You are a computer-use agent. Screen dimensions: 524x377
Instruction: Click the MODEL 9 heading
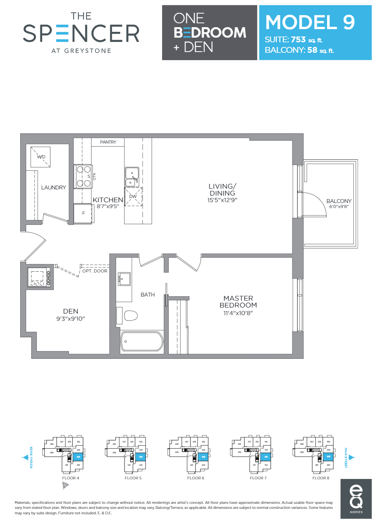coord(310,22)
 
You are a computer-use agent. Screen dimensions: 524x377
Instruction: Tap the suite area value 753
coord(298,40)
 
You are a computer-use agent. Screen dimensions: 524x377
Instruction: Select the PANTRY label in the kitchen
coord(108,142)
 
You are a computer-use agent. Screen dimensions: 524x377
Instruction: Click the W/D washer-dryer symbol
coord(41,157)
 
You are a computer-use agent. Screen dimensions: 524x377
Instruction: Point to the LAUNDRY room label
coord(54,187)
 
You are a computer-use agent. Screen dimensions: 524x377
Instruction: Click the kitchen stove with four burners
coord(83,176)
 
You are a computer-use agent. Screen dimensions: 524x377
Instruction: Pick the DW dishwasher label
coord(133,196)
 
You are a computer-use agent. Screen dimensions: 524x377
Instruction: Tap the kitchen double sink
coord(132,177)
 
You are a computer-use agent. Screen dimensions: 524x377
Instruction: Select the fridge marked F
coord(83,213)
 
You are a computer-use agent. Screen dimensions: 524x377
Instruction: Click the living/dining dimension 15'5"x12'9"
coord(222,200)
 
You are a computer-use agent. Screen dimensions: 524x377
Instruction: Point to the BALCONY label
coord(339,201)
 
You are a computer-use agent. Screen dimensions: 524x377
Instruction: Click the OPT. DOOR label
coord(95,271)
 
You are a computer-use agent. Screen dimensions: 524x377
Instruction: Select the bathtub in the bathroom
coord(142,342)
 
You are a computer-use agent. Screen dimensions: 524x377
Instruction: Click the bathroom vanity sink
coord(124,279)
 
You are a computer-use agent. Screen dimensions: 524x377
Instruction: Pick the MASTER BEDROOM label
coord(238,302)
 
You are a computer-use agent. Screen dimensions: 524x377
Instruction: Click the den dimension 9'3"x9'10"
coord(71,319)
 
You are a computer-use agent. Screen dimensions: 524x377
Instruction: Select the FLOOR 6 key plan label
coord(195,478)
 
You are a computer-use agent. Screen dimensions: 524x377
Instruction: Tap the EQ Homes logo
coord(356,499)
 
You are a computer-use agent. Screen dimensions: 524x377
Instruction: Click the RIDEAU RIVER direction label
coord(31,457)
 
